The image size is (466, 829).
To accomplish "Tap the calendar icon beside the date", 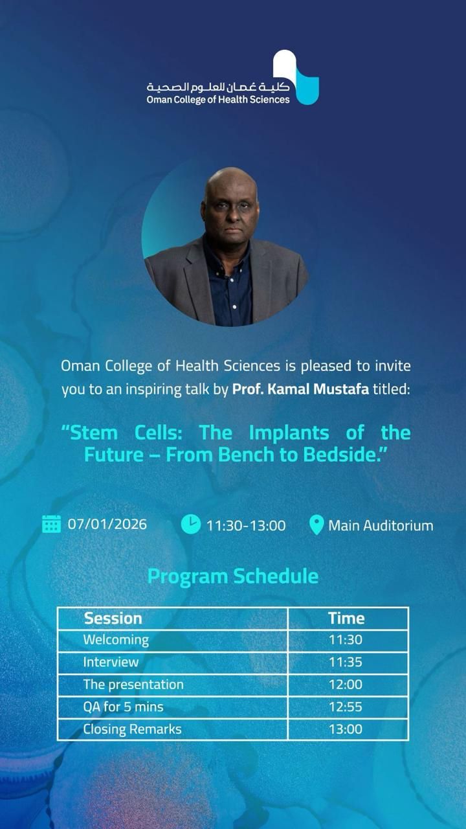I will [51, 524].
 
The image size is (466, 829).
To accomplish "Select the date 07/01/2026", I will [107, 524].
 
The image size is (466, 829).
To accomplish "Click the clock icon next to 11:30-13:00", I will [190, 524].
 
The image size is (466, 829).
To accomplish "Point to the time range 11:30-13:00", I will [246, 525].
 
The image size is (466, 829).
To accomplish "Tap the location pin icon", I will [316, 525].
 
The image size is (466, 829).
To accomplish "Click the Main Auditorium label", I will [381, 525].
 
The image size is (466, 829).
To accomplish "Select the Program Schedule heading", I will [233, 576].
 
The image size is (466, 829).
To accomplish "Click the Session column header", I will [113, 619].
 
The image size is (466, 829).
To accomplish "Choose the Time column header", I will [346, 619].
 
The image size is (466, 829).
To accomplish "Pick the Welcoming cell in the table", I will [116, 640].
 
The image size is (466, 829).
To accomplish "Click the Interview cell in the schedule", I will [111, 662].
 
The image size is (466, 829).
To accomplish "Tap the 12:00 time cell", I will [346, 685].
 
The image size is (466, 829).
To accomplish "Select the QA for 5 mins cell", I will [123, 707].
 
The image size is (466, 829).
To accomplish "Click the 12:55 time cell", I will [346, 707].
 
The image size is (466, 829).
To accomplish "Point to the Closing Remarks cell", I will [132, 729].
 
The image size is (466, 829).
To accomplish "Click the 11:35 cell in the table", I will [346, 662].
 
